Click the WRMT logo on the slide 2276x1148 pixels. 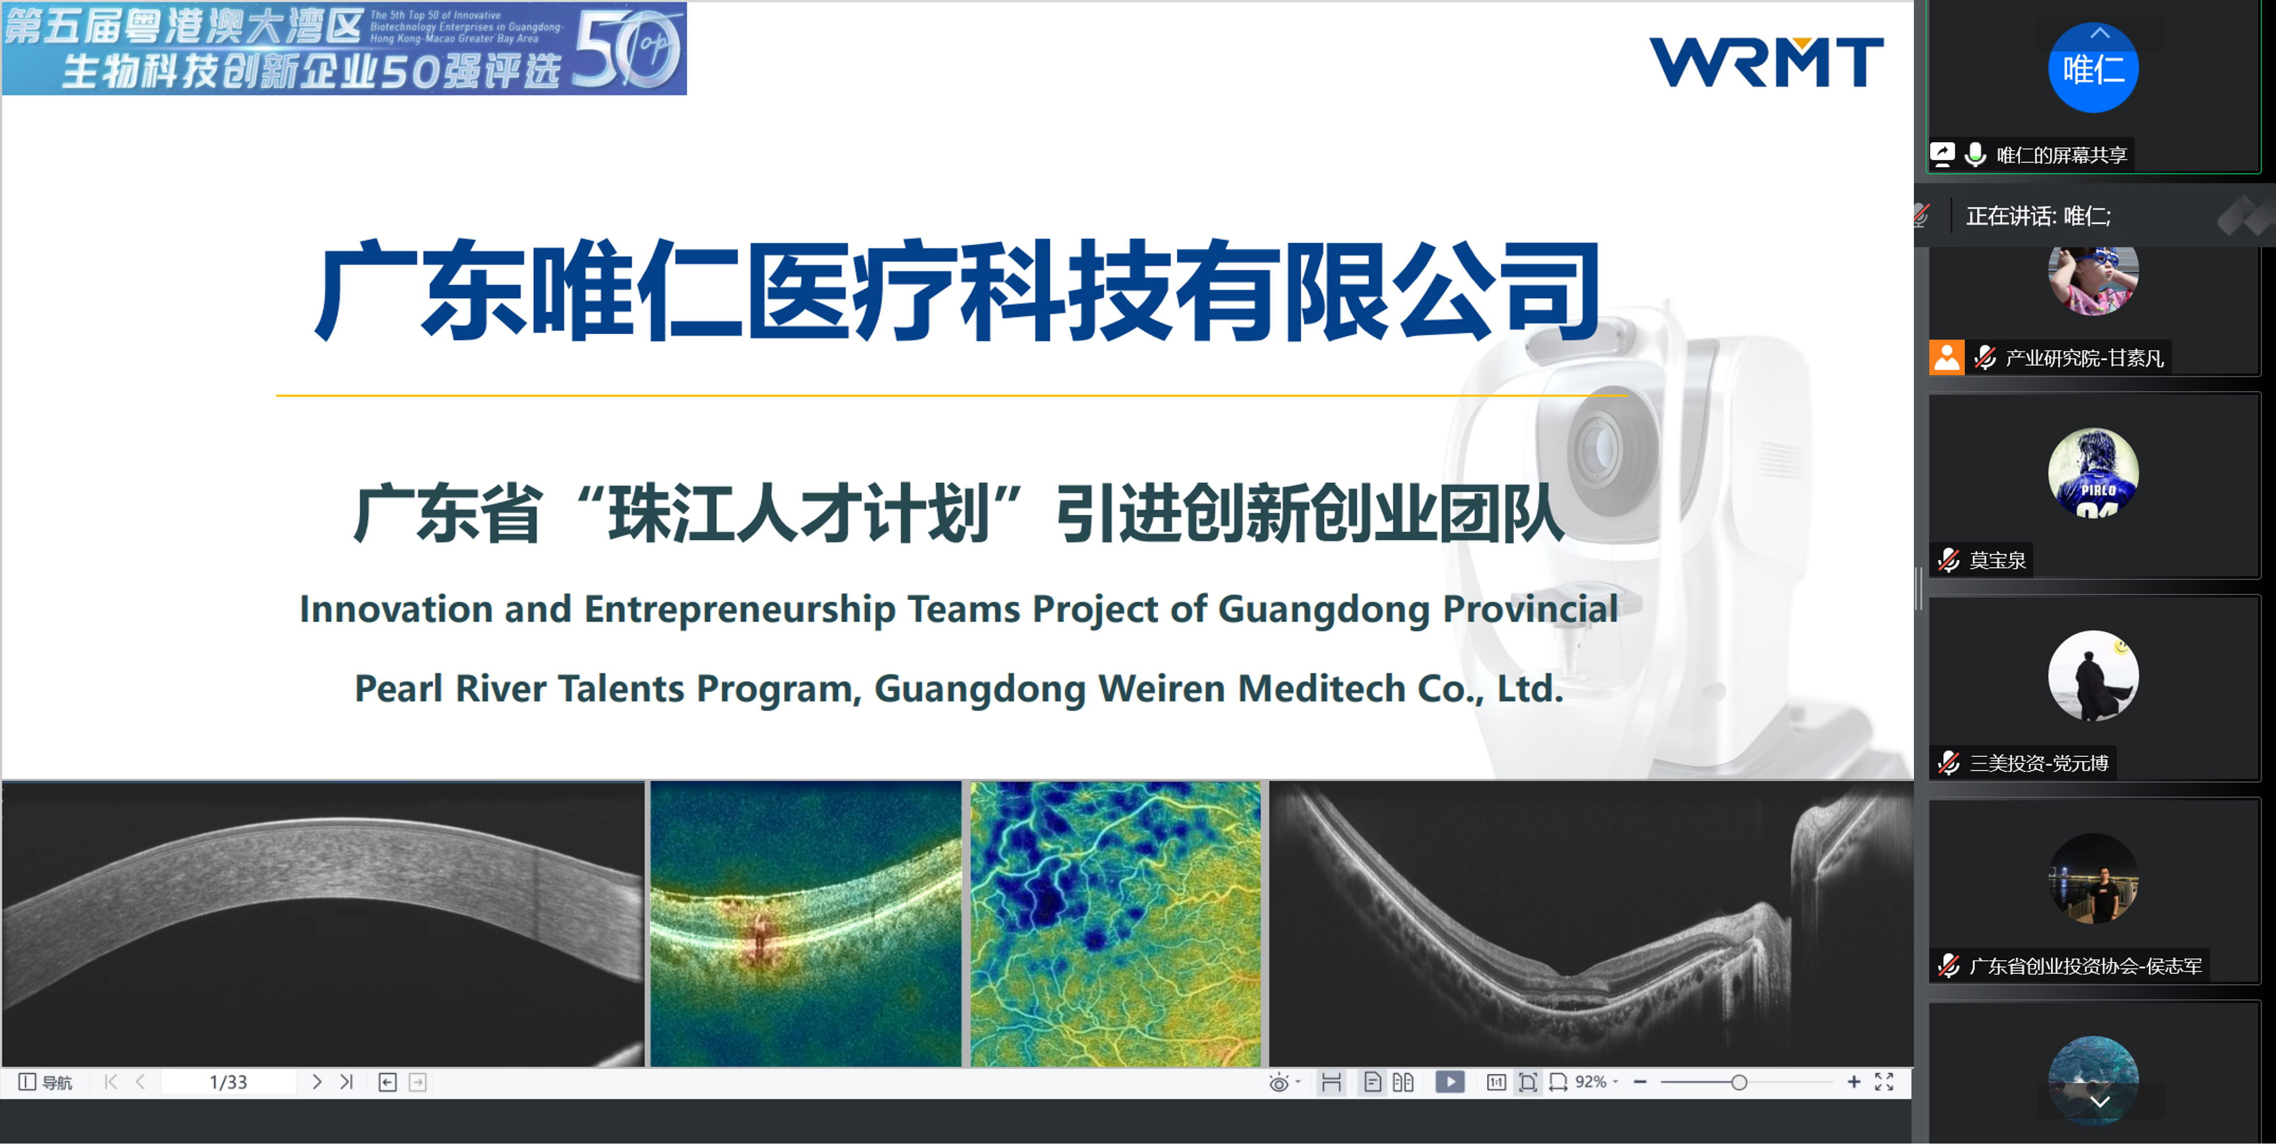[x=1765, y=62]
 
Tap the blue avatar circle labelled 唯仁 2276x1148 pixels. [x=2093, y=68]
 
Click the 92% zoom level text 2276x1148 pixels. [x=1591, y=1082]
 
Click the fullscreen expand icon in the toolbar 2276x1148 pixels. [x=1884, y=1082]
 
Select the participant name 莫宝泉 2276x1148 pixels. [x=1997, y=560]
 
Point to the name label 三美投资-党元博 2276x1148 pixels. [x=2039, y=763]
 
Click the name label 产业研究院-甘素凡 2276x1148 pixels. [x=2084, y=358]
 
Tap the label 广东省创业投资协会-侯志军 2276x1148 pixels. [x=2085, y=966]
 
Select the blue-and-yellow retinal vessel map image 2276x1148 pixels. [x=1115, y=923]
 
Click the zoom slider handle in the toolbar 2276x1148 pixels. [x=1739, y=1083]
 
